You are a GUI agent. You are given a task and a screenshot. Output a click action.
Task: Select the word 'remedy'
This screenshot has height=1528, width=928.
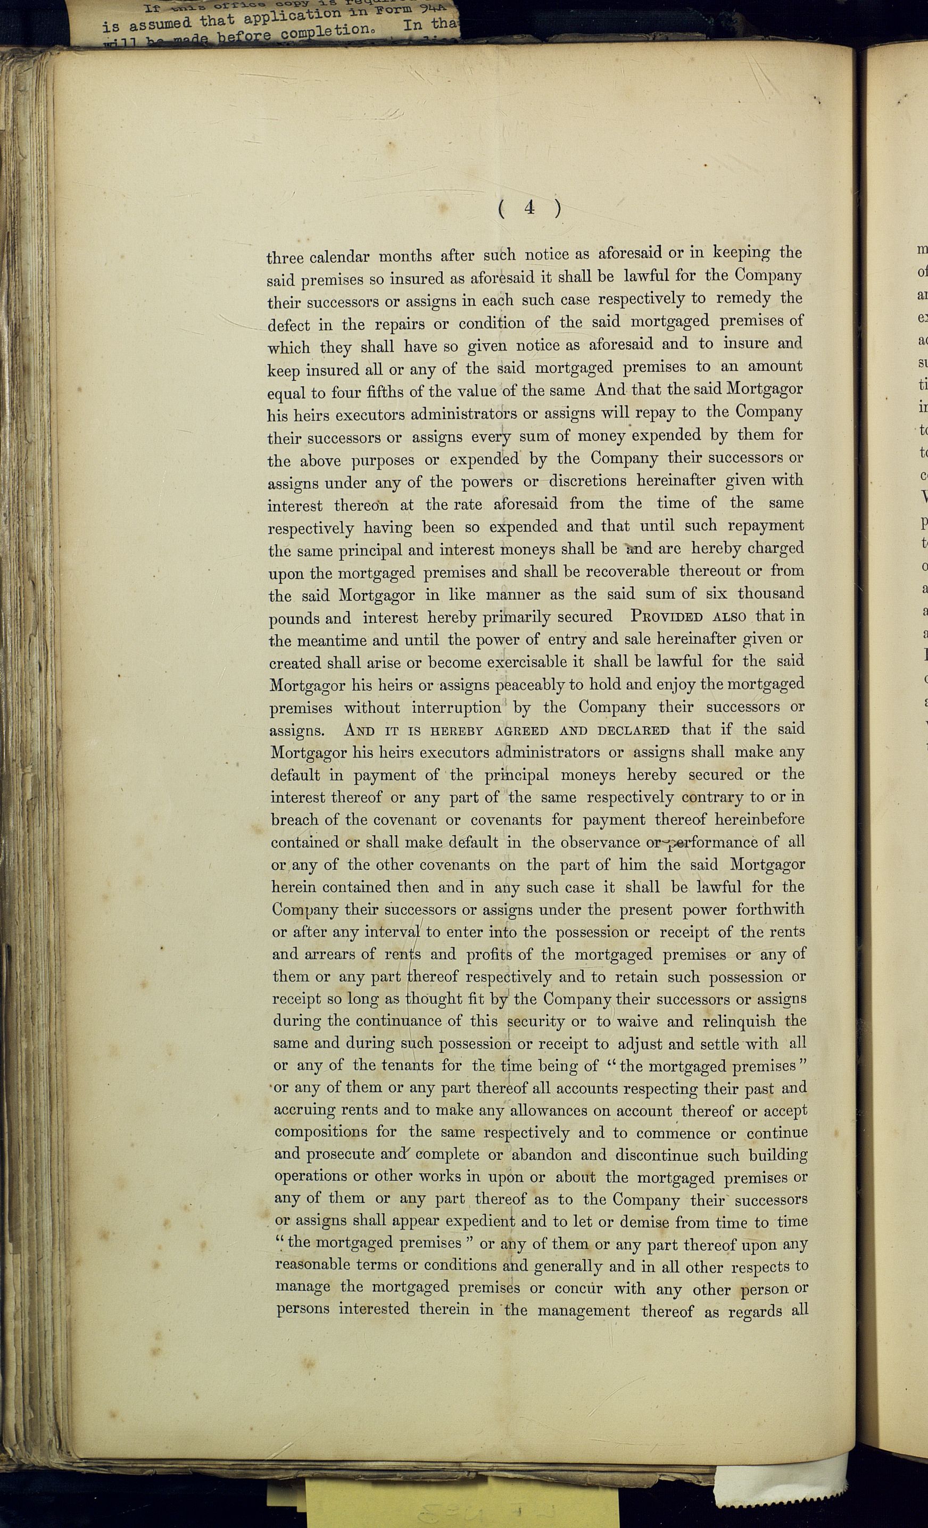(743, 298)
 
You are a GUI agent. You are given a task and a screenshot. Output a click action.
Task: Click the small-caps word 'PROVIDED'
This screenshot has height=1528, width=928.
(667, 617)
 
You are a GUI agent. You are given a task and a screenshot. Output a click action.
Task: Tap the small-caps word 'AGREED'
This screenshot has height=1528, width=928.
(520, 730)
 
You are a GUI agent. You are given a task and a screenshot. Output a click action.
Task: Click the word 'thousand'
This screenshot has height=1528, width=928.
(770, 593)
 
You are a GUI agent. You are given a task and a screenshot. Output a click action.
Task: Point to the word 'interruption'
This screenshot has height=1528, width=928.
(456, 708)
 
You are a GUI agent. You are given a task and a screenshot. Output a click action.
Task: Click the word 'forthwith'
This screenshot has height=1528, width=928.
(770, 909)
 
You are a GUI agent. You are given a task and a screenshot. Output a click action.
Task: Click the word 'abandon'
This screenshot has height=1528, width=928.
(542, 1155)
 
